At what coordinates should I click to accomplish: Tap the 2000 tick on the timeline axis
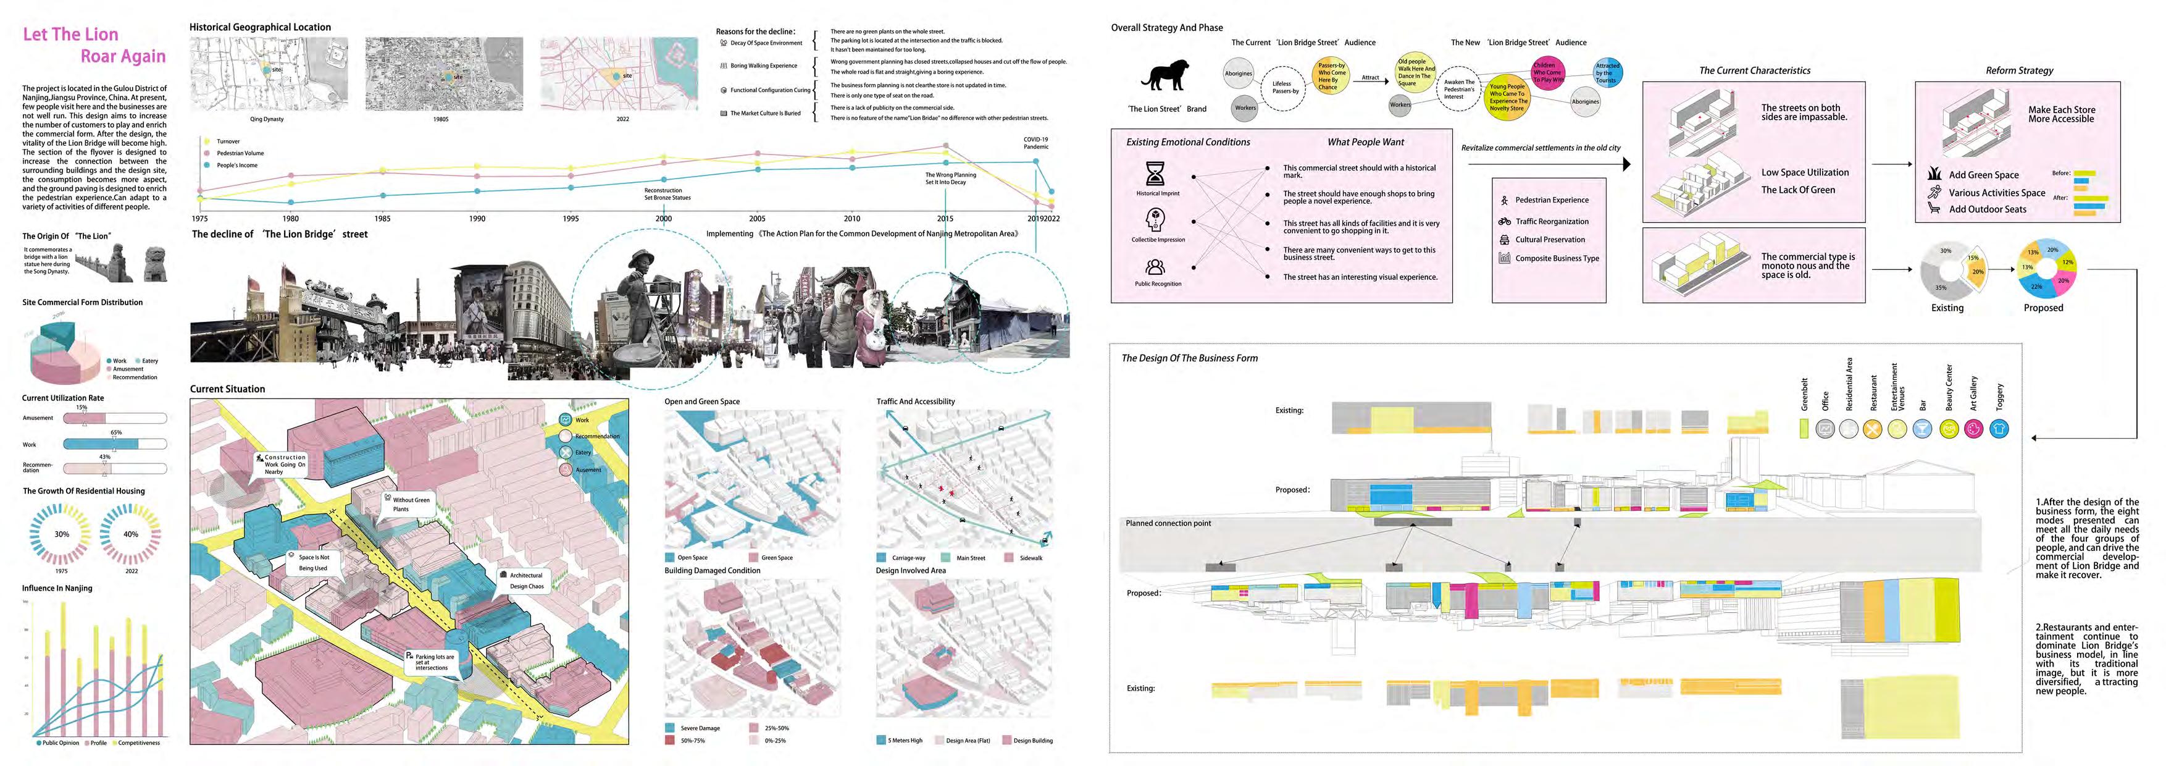click(663, 219)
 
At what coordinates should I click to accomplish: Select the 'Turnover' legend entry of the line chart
click(228, 141)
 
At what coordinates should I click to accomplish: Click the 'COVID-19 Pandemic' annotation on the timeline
click(1036, 143)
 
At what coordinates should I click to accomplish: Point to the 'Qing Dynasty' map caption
click(267, 119)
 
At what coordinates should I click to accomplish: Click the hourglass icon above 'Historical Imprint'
click(1155, 173)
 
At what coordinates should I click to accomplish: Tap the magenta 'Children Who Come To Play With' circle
click(1545, 72)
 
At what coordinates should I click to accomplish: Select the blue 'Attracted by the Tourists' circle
click(1607, 72)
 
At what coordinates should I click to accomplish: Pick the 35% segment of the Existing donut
click(1942, 288)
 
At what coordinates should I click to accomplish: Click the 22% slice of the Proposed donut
click(2036, 287)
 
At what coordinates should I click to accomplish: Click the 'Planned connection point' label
click(1168, 523)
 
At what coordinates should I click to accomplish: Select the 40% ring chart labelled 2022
click(130, 534)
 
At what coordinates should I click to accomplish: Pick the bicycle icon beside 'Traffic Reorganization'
click(1504, 221)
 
